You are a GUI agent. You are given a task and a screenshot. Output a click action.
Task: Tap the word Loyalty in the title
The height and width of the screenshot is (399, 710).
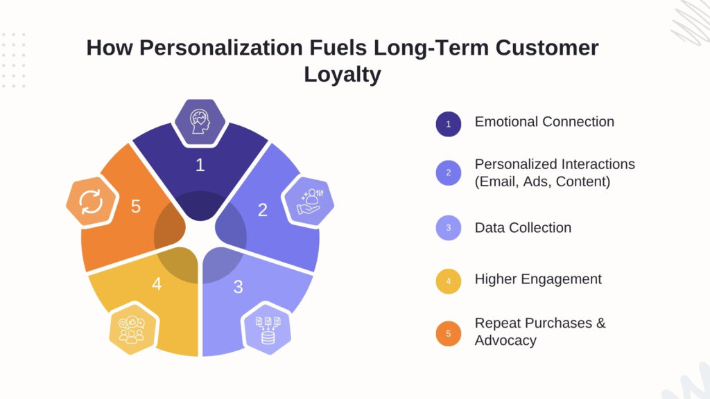(x=343, y=73)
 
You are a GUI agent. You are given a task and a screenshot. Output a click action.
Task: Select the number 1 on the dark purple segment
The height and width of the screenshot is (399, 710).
(x=200, y=165)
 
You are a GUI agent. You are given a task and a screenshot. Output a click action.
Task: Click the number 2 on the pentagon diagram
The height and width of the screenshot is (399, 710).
(x=262, y=210)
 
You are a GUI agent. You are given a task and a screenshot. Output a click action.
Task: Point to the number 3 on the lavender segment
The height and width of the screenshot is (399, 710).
(x=238, y=286)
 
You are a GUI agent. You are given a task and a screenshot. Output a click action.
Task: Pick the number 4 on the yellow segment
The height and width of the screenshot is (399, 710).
(x=157, y=284)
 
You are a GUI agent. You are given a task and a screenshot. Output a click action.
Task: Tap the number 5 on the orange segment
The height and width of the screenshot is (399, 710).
(x=136, y=206)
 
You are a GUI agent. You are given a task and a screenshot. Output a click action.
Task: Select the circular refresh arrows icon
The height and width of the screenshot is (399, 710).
(x=91, y=202)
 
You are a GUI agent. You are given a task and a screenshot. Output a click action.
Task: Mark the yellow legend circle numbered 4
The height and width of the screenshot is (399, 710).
(x=449, y=281)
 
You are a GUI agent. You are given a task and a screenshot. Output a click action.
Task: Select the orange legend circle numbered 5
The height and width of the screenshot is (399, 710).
(x=449, y=334)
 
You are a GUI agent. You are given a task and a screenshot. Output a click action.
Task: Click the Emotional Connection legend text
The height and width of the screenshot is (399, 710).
(x=544, y=122)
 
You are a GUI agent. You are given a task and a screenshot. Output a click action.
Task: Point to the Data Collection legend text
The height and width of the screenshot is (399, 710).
(x=523, y=227)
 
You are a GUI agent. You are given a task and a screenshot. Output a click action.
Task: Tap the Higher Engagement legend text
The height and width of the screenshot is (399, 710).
(x=538, y=279)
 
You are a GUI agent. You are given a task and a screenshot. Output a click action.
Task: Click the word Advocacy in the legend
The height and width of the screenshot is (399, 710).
(x=505, y=341)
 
